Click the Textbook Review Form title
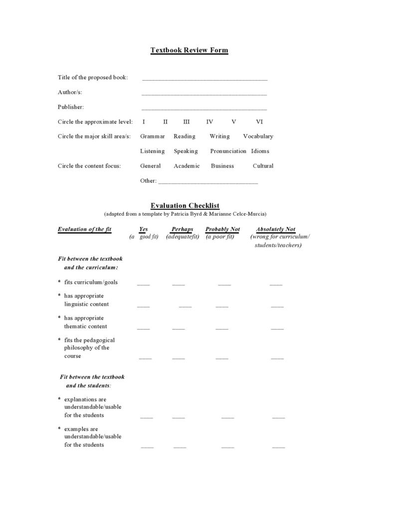pos(189,50)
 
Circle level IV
pos(209,122)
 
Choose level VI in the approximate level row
pos(259,122)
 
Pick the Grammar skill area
pos(152,136)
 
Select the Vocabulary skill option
pos(258,136)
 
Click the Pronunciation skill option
pos(228,151)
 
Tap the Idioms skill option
pos(260,151)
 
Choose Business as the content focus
pos(222,166)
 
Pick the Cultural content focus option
pos(263,166)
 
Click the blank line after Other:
pos(208,182)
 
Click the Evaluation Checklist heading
pos(185,206)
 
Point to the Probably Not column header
pos(222,230)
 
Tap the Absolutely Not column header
pos(275,230)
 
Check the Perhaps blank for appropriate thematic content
pos(178,328)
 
